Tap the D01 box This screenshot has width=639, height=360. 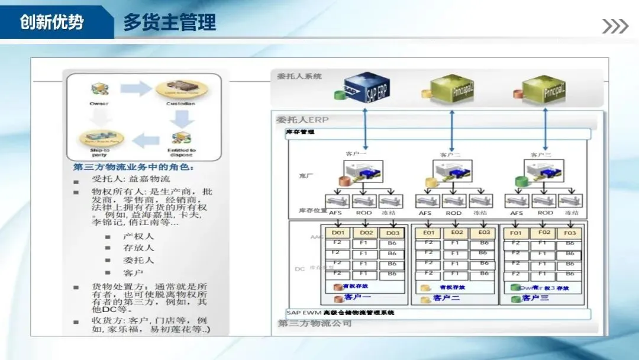pyautogui.click(x=338, y=233)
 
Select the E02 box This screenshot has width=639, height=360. pyautogui.click(x=457, y=233)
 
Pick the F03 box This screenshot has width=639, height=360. pyautogui.click(x=569, y=233)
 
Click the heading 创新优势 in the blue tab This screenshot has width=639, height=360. pyautogui.click(x=51, y=22)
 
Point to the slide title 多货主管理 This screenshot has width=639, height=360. pyautogui.click(x=169, y=22)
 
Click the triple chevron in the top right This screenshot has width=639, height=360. pyautogui.click(x=615, y=26)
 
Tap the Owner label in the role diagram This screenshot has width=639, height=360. pyautogui.click(x=99, y=104)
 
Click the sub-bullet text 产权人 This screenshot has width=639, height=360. pyautogui.click(x=138, y=236)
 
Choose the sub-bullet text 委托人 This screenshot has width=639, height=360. pyautogui.click(x=138, y=260)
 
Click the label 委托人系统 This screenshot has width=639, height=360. pyautogui.click(x=299, y=76)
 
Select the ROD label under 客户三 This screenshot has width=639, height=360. pyautogui.click(x=545, y=213)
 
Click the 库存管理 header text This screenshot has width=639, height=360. pyautogui.click(x=300, y=132)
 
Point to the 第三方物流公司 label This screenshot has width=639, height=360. pyautogui.click(x=315, y=323)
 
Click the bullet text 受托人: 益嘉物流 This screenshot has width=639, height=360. pyautogui.click(x=131, y=179)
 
